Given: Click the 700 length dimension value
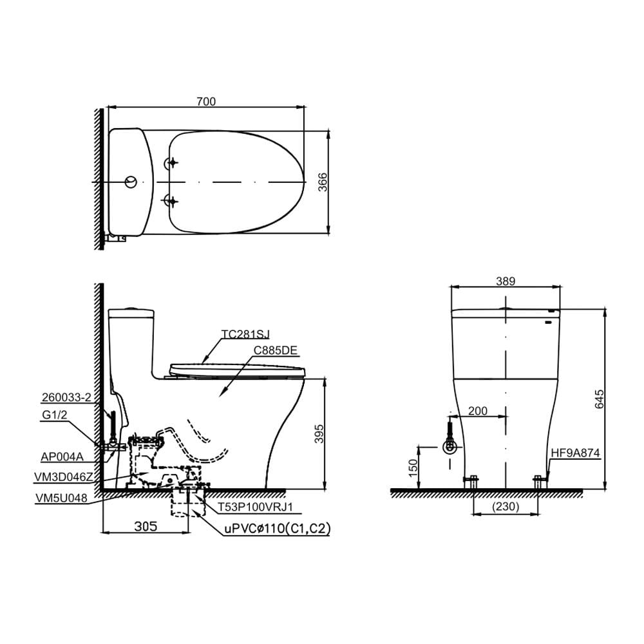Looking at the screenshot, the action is (x=206, y=102).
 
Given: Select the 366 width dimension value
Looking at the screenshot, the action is (x=323, y=182).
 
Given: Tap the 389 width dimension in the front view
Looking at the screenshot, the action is (x=505, y=281).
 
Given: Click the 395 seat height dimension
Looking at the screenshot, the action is (x=319, y=433).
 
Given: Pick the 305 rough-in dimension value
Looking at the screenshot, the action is (x=146, y=526).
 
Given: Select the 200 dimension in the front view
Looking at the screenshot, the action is (x=478, y=411).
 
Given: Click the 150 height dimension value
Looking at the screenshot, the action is (x=413, y=468).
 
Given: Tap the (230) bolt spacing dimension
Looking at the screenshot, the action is (x=506, y=506).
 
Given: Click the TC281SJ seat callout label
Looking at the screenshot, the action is (x=245, y=334).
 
